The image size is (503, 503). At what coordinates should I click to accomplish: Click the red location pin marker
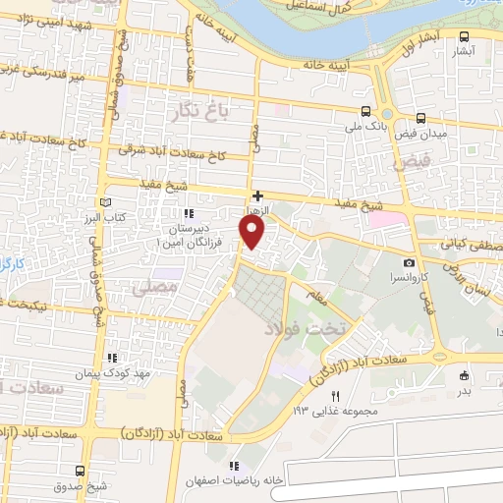(252, 233)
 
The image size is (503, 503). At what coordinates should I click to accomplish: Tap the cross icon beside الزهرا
(257, 196)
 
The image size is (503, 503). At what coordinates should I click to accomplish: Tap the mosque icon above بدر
(465, 374)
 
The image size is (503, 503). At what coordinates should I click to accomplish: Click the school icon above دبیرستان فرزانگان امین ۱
(187, 212)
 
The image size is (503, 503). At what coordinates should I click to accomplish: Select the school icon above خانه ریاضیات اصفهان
(234, 465)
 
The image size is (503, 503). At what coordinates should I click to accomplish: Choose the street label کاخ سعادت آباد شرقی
(171, 153)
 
